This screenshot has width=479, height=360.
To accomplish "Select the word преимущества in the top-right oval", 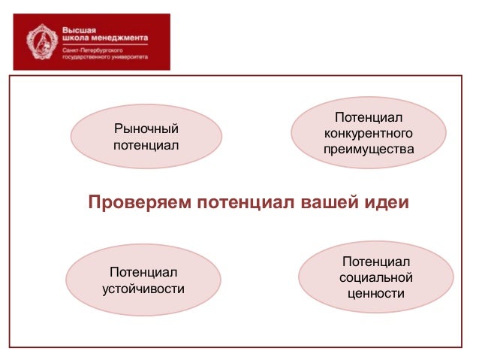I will (x=369, y=150).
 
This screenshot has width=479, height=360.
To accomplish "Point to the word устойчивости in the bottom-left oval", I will (x=143, y=287).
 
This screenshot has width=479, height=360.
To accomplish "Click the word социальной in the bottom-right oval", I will (x=376, y=277).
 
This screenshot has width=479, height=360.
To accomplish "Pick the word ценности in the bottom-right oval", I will (x=376, y=293).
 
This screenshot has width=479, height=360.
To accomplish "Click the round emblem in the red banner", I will (x=40, y=41).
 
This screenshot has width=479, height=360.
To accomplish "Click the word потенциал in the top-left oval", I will (x=146, y=144).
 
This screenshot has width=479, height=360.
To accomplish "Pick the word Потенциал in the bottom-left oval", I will (x=143, y=271).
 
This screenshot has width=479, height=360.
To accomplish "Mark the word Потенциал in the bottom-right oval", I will (x=376, y=262).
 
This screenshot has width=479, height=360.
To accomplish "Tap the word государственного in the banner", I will (x=84, y=56).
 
